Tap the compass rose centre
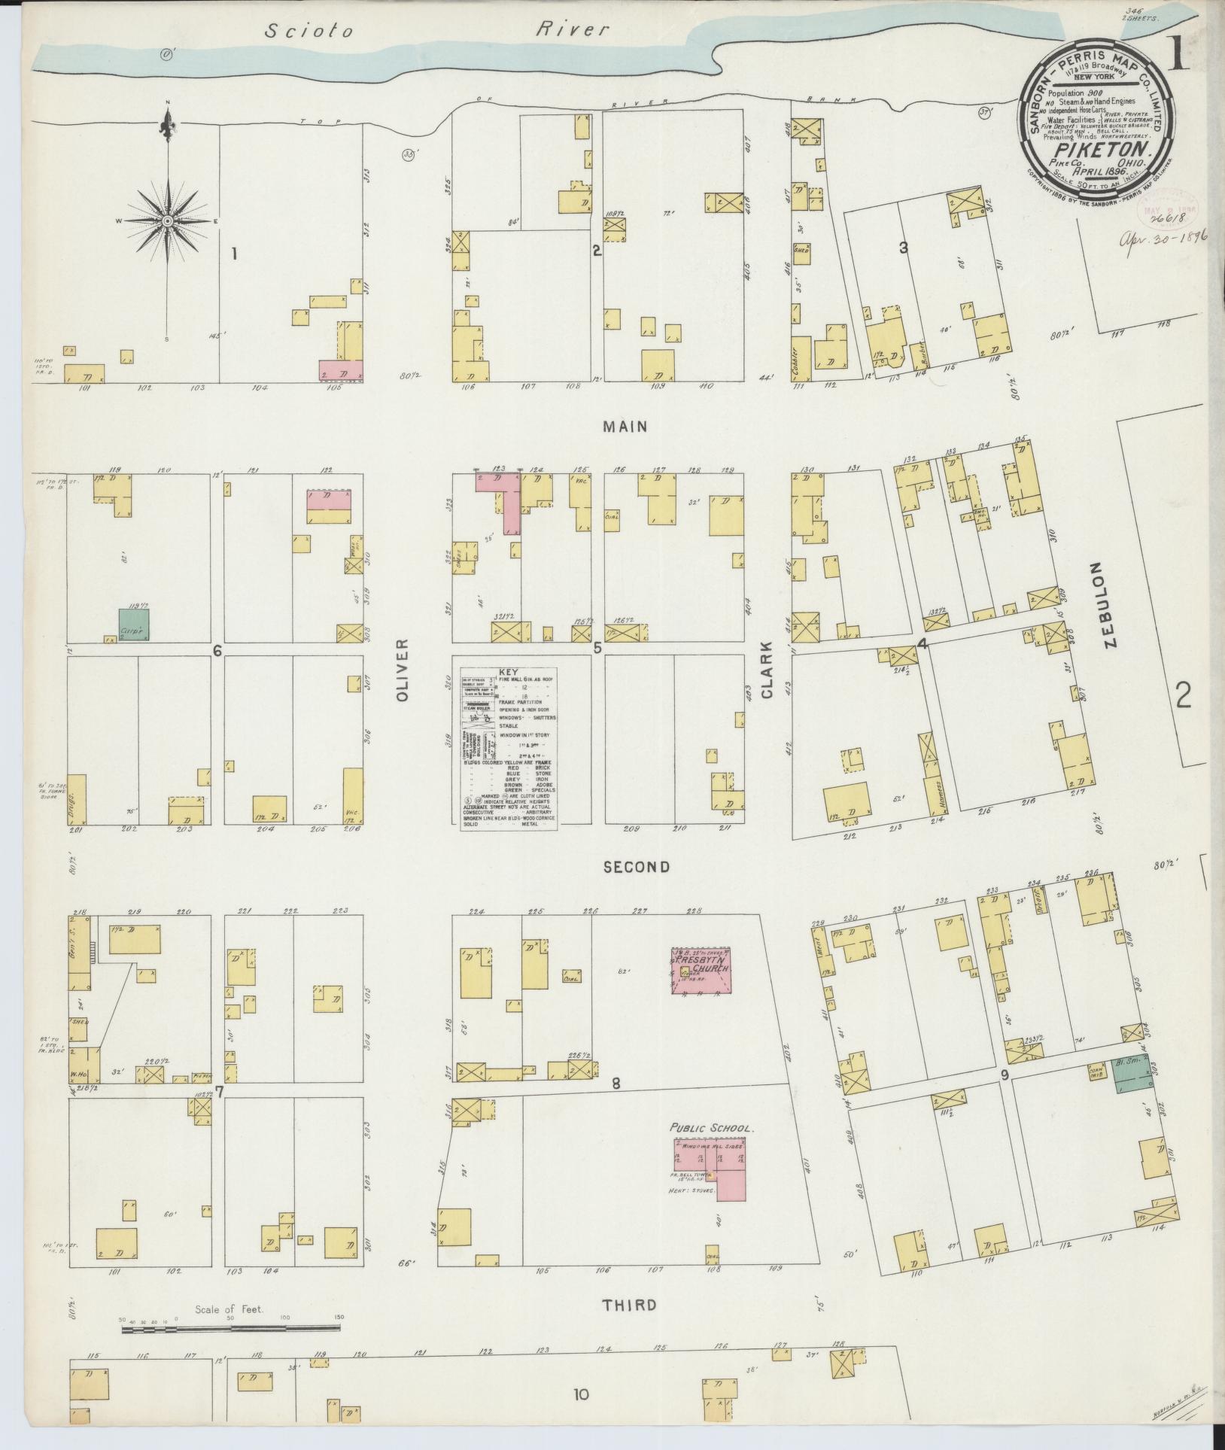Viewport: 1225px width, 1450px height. coord(166,220)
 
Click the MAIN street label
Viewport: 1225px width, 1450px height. coord(625,427)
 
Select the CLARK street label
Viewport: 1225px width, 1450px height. coord(766,670)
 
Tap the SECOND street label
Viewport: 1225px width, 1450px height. coord(637,867)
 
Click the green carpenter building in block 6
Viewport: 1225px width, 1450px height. coord(134,625)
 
